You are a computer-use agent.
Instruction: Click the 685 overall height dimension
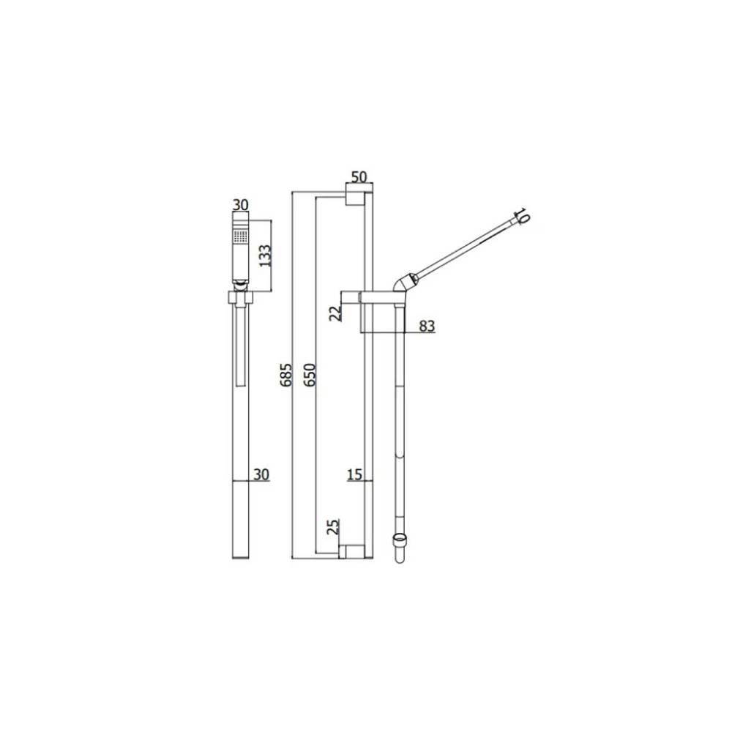[x=287, y=374]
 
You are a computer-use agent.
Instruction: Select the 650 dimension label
[x=310, y=374]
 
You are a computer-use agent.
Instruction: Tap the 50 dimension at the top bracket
[x=359, y=177]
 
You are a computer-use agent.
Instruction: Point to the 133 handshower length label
[x=266, y=255]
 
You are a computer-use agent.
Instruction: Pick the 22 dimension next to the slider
[x=336, y=313]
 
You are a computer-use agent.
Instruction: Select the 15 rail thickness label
[x=354, y=475]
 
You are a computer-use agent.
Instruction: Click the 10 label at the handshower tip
[x=521, y=216]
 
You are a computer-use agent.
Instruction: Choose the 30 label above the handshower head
[x=240, y=205]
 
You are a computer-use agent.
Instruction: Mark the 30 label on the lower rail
[x=261, y=474]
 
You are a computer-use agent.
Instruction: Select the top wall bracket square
[x=354, y=196]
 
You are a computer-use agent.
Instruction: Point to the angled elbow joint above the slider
[x=401, y=282]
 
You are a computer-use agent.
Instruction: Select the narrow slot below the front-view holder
[x=241, y=348]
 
